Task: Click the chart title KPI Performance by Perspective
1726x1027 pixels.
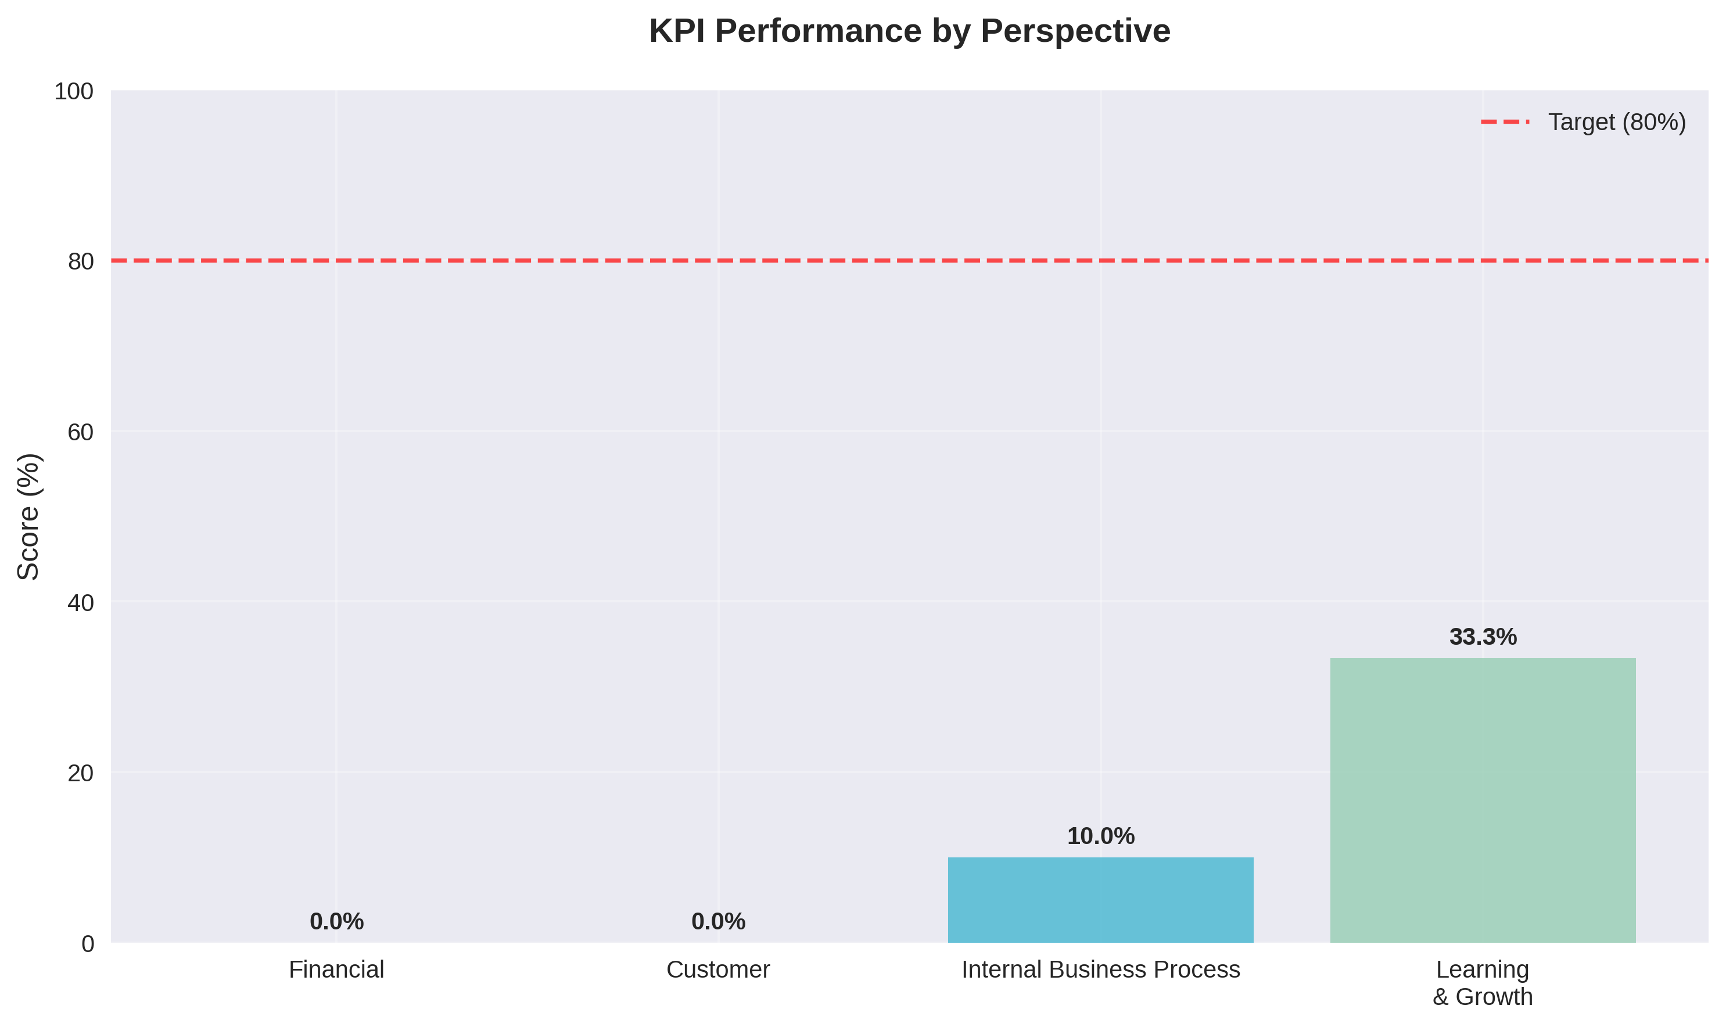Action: (909, 31)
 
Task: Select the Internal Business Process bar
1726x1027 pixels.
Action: (1100, 900)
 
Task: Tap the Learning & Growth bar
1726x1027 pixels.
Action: (1483, 800)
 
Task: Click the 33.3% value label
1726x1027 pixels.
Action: (1483, 637)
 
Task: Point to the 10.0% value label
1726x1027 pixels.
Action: (1100, 836)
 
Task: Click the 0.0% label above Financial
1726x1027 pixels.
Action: (336, 922)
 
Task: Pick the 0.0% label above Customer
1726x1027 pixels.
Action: (719, 922)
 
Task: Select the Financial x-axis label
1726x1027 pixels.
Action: (336, 970)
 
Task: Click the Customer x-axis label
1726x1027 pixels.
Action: (719, 970)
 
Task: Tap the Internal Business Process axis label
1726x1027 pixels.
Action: (1100, 970)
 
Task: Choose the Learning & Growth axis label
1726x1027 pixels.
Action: (1483, 983)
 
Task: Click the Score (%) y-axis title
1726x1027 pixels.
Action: (29, 516)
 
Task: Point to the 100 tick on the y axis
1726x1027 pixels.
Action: (74, 91)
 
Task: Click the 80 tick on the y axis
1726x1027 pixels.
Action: (81, 261)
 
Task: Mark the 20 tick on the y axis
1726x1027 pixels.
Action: (81, 773)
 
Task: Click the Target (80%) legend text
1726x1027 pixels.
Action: (1617, 123)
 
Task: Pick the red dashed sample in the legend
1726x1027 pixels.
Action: (1505, 123)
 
